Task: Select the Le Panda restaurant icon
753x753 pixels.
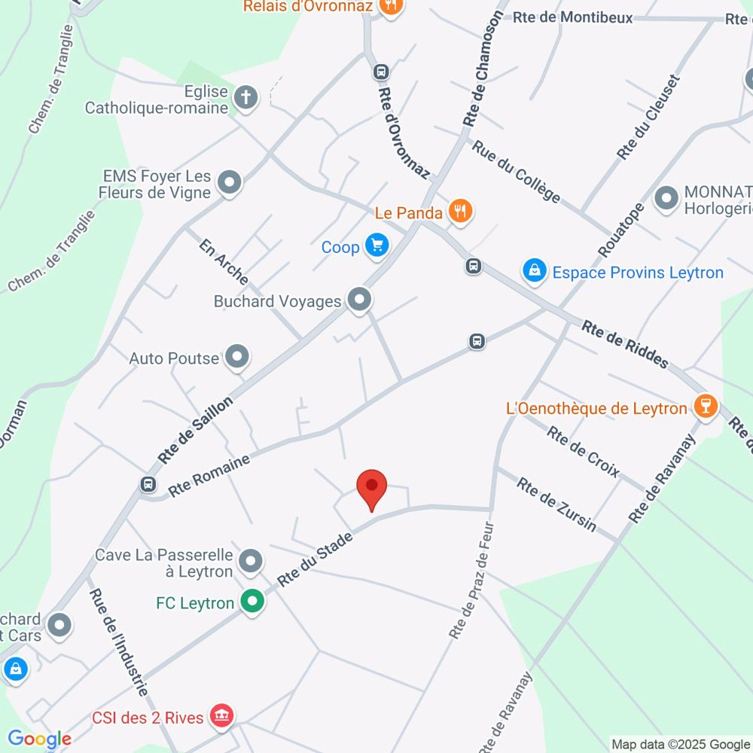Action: tap(460, 212)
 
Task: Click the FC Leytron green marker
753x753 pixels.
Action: tap(251, 602)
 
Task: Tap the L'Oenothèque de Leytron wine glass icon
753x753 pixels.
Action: tap(705, 407)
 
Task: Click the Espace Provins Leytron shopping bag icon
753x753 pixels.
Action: tap(535, 271)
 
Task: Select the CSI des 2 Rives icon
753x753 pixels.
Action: tap(221, 715)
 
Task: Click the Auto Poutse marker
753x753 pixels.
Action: tap(237, 358)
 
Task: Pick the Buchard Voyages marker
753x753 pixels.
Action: tap(360, 300)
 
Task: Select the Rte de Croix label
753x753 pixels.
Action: tap(583, 452)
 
